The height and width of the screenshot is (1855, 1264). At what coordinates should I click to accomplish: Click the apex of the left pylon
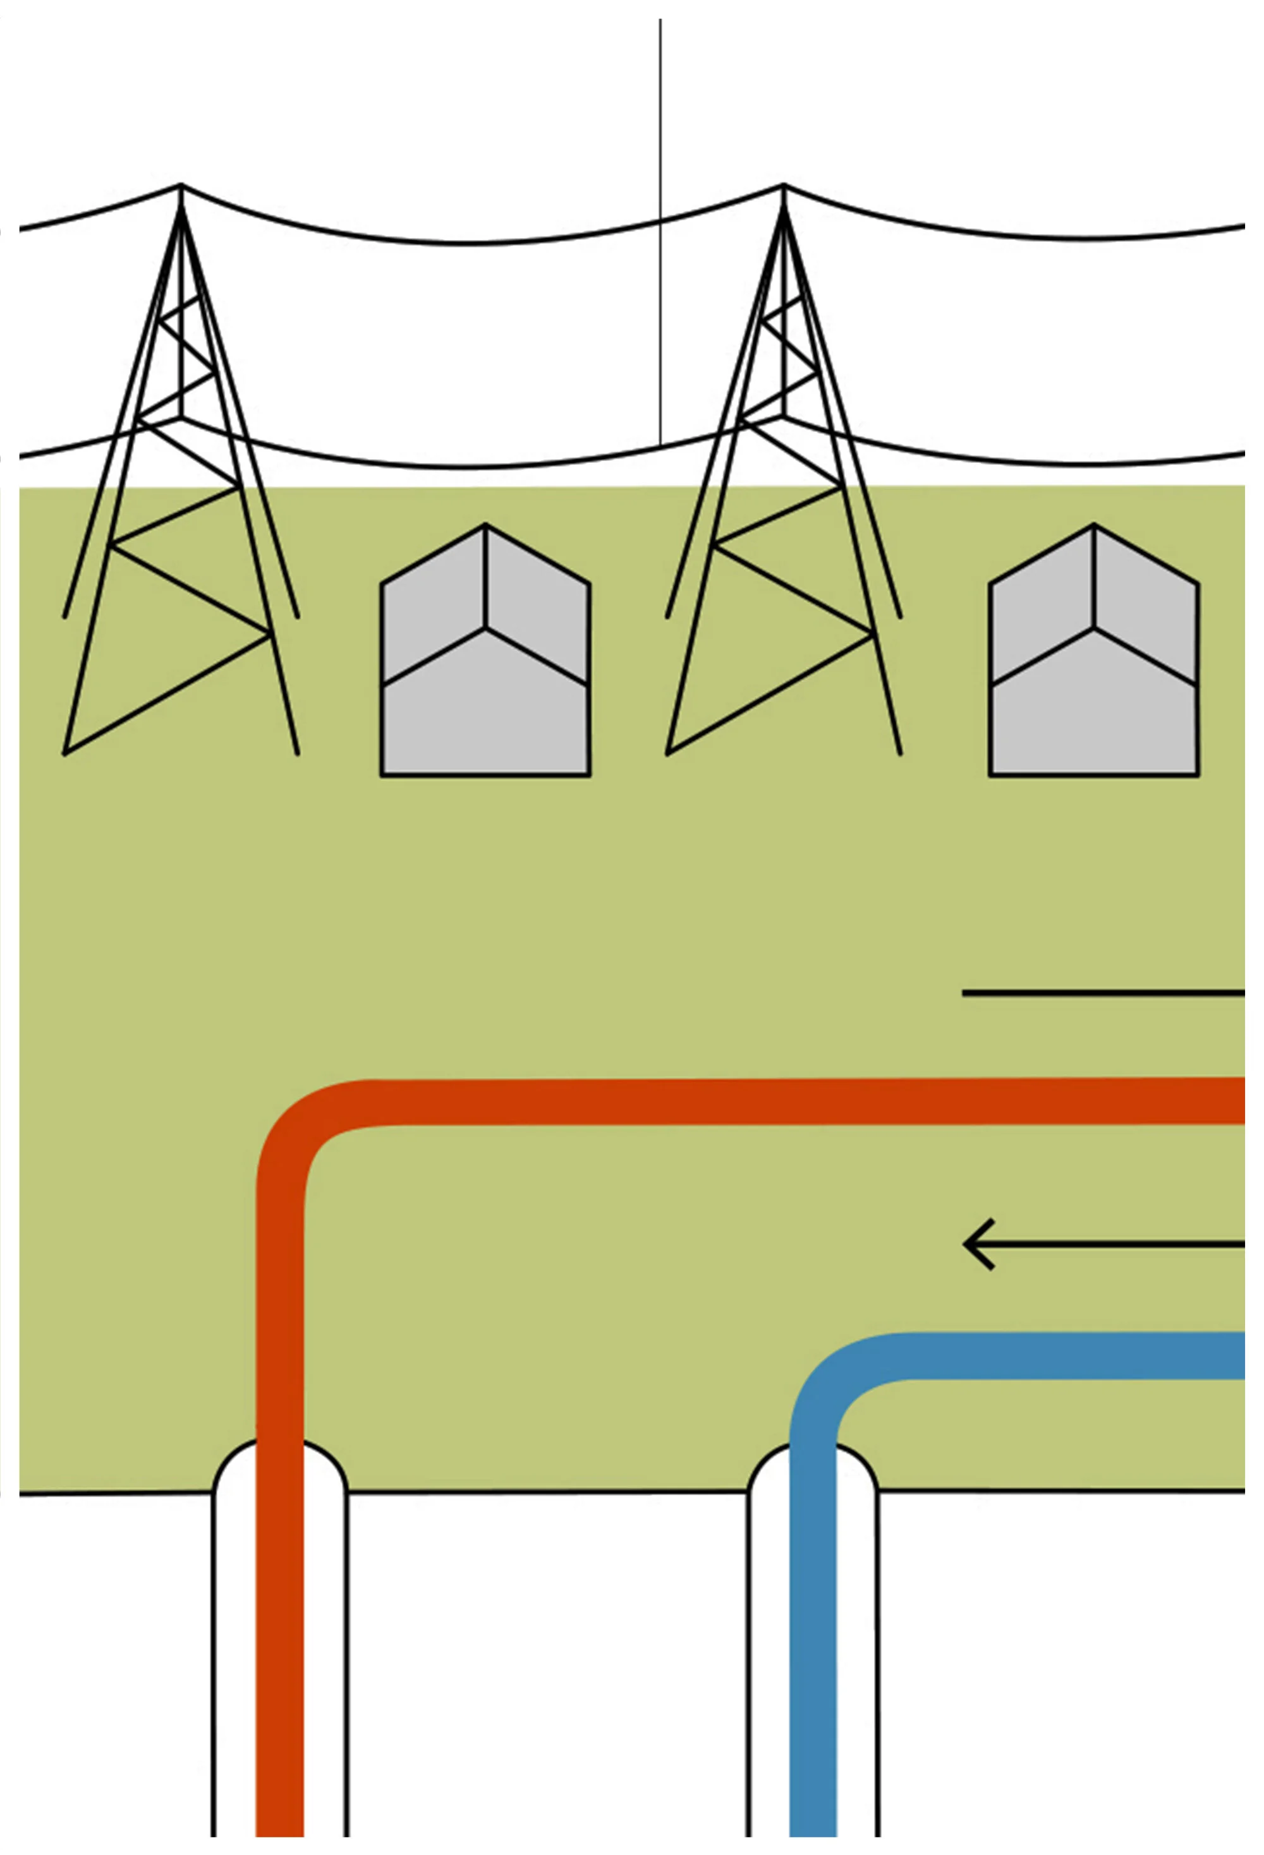[181, 186]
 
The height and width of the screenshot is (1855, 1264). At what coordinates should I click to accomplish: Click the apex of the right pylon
[783, 186]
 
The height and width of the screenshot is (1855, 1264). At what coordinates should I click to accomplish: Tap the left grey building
[485, 702]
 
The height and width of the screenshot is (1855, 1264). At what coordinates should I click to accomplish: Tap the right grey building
[1093, 702]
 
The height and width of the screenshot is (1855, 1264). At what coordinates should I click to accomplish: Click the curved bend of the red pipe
[300, 1122]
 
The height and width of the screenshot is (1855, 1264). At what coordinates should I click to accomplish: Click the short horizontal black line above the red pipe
[1102, 993]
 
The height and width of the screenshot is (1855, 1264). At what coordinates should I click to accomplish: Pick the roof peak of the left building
[485, 526]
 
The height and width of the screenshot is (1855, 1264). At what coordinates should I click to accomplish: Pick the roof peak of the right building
[1093, 526]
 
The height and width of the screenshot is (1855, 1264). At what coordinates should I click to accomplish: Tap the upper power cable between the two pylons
[479, 242]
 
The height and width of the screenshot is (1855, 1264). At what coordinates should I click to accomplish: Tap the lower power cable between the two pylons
[479, 466]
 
